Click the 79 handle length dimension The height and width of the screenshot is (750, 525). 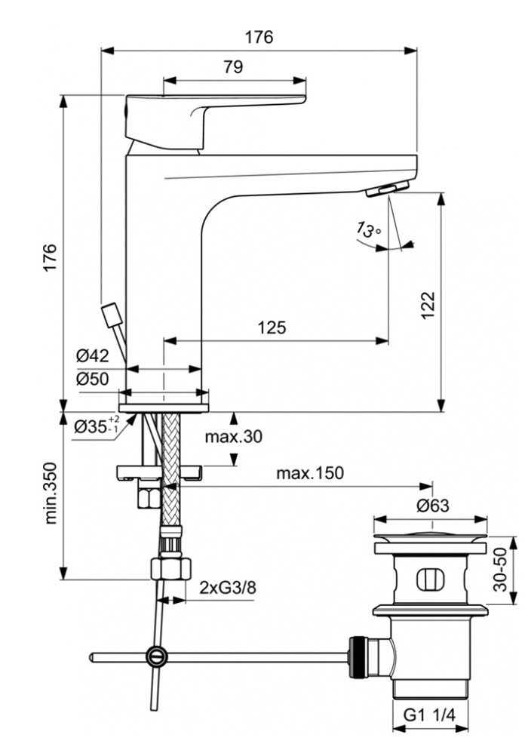233,66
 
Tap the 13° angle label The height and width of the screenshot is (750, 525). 369,229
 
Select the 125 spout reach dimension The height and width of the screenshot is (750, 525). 272,327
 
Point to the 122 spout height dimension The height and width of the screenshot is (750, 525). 428,305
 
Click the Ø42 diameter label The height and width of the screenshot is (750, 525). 93,355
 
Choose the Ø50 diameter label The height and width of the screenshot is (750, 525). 93,380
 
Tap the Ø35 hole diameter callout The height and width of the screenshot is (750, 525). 96,426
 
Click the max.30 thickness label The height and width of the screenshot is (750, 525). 234,436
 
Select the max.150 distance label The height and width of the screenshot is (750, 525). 310,473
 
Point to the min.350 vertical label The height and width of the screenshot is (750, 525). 51,493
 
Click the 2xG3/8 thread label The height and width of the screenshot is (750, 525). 228,587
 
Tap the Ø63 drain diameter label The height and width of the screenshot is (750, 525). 433,505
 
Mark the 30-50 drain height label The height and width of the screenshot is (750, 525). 500,570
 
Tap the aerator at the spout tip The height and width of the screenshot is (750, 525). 388,189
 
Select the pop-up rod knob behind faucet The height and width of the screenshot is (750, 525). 110,315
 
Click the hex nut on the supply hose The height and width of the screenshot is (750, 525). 171,569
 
